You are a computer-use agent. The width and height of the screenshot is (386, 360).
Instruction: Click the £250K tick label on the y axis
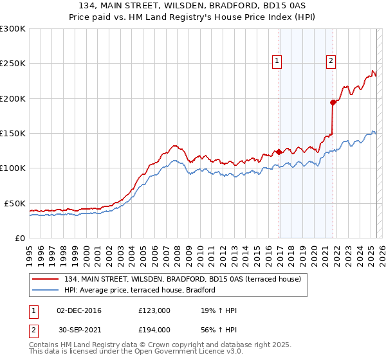[13, 64]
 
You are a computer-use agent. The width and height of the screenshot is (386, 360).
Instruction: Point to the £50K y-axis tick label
[15, 203]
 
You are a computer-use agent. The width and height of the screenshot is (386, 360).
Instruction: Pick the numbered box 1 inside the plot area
[277, 61]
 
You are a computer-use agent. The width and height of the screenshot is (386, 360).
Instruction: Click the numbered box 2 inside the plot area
[331, 61]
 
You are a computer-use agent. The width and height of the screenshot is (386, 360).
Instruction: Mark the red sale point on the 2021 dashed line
[333, 102]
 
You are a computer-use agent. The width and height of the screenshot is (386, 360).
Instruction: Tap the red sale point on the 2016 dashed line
[279, 152]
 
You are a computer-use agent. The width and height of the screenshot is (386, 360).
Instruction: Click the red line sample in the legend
[44, 279]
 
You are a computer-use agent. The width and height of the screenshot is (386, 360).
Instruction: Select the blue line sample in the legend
[44, 290]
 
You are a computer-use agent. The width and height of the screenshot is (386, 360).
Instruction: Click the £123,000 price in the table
[154, 310]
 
